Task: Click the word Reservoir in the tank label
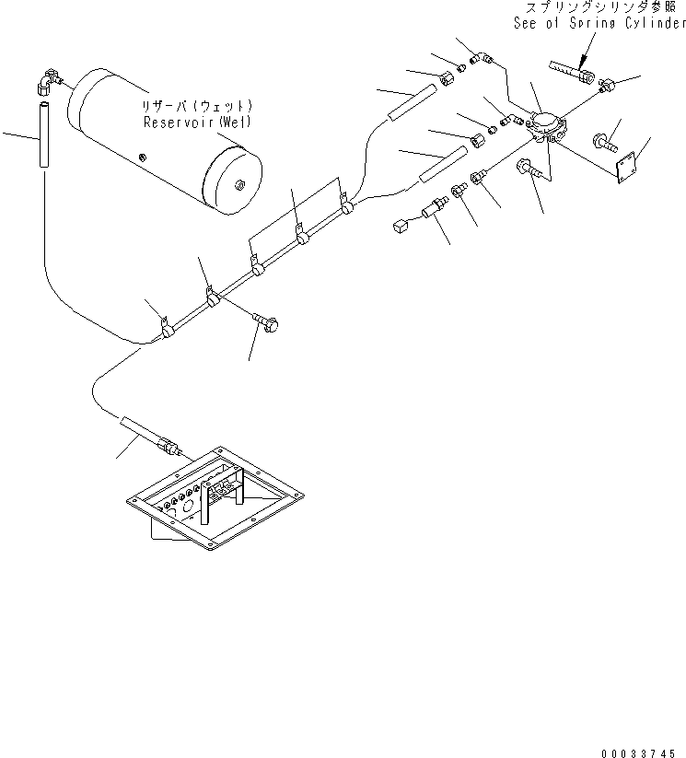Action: (169, 122)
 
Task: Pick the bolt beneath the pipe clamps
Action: (267, 320)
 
